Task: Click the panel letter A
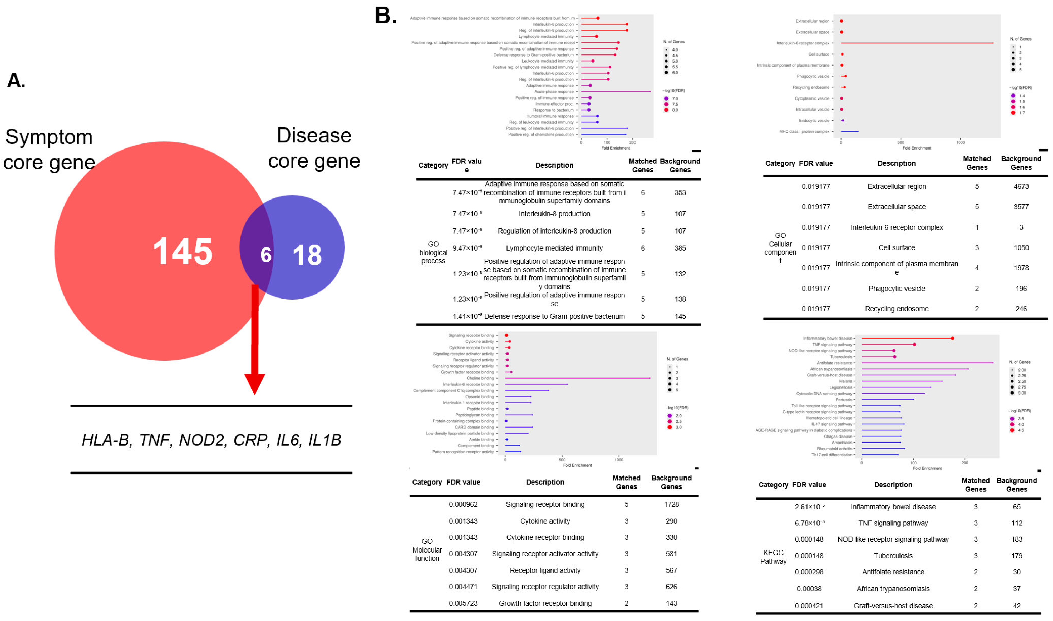coord(16,80)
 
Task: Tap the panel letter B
coord(385,16)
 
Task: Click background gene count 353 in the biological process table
coord(680,192)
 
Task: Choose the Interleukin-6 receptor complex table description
coord(896,227)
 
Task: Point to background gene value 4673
coord(1021,187)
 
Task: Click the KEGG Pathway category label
coord(773,557)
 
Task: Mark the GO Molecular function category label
coord(427,550)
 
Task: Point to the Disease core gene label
coord(314,148)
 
